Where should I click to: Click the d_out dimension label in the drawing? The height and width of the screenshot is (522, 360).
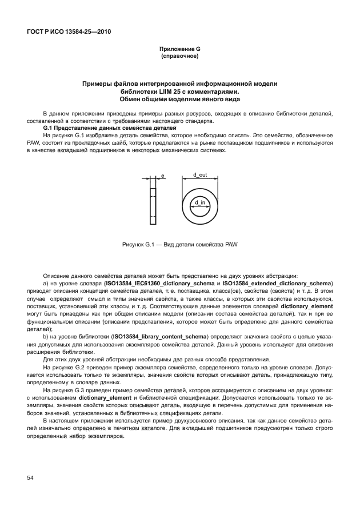click(199, 174)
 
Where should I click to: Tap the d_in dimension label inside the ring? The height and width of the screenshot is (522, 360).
click(199, 202)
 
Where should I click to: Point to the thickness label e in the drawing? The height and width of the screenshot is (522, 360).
click(162, 177)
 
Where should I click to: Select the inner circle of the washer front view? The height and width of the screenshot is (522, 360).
click(199, 209)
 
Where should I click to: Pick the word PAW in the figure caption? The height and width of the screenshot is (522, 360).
click(231, 244)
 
